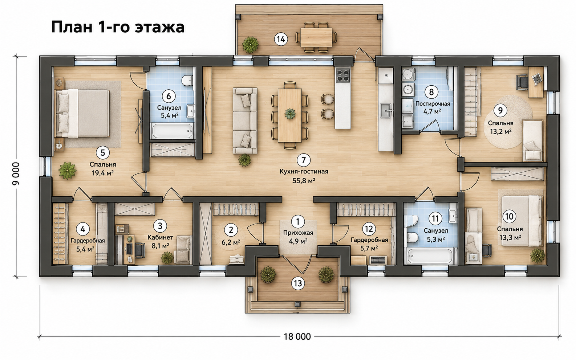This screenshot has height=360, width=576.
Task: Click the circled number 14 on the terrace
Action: click(x=281, y=39)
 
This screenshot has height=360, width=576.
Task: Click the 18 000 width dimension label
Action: click(x=297, y=336)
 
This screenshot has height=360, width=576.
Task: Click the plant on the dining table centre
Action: click(x=290, y=114)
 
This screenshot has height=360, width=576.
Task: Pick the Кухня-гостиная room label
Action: click(x=304, y=171)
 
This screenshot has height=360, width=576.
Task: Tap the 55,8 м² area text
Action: click(x=304, y=181)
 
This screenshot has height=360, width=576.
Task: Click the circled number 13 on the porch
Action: click(x=298, y=283)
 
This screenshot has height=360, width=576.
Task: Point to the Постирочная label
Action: click(x=433, y=104)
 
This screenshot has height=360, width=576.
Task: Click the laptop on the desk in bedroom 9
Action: click(x=537, y=79)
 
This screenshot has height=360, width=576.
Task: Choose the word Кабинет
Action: click(x=160, y=237)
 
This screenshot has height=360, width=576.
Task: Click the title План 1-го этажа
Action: click(x=118, y=28)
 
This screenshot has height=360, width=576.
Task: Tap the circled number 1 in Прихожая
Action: click(x=298, y=221)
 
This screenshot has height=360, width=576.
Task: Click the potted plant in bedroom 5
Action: click(x=68, y=170)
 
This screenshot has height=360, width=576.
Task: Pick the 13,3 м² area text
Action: click(x=510, y=237)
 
